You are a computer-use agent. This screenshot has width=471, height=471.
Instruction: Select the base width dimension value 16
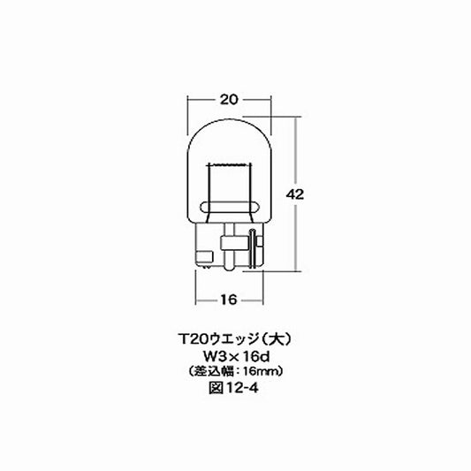coord(228,300)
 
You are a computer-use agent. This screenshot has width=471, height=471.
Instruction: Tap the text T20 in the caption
coord(187,339)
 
